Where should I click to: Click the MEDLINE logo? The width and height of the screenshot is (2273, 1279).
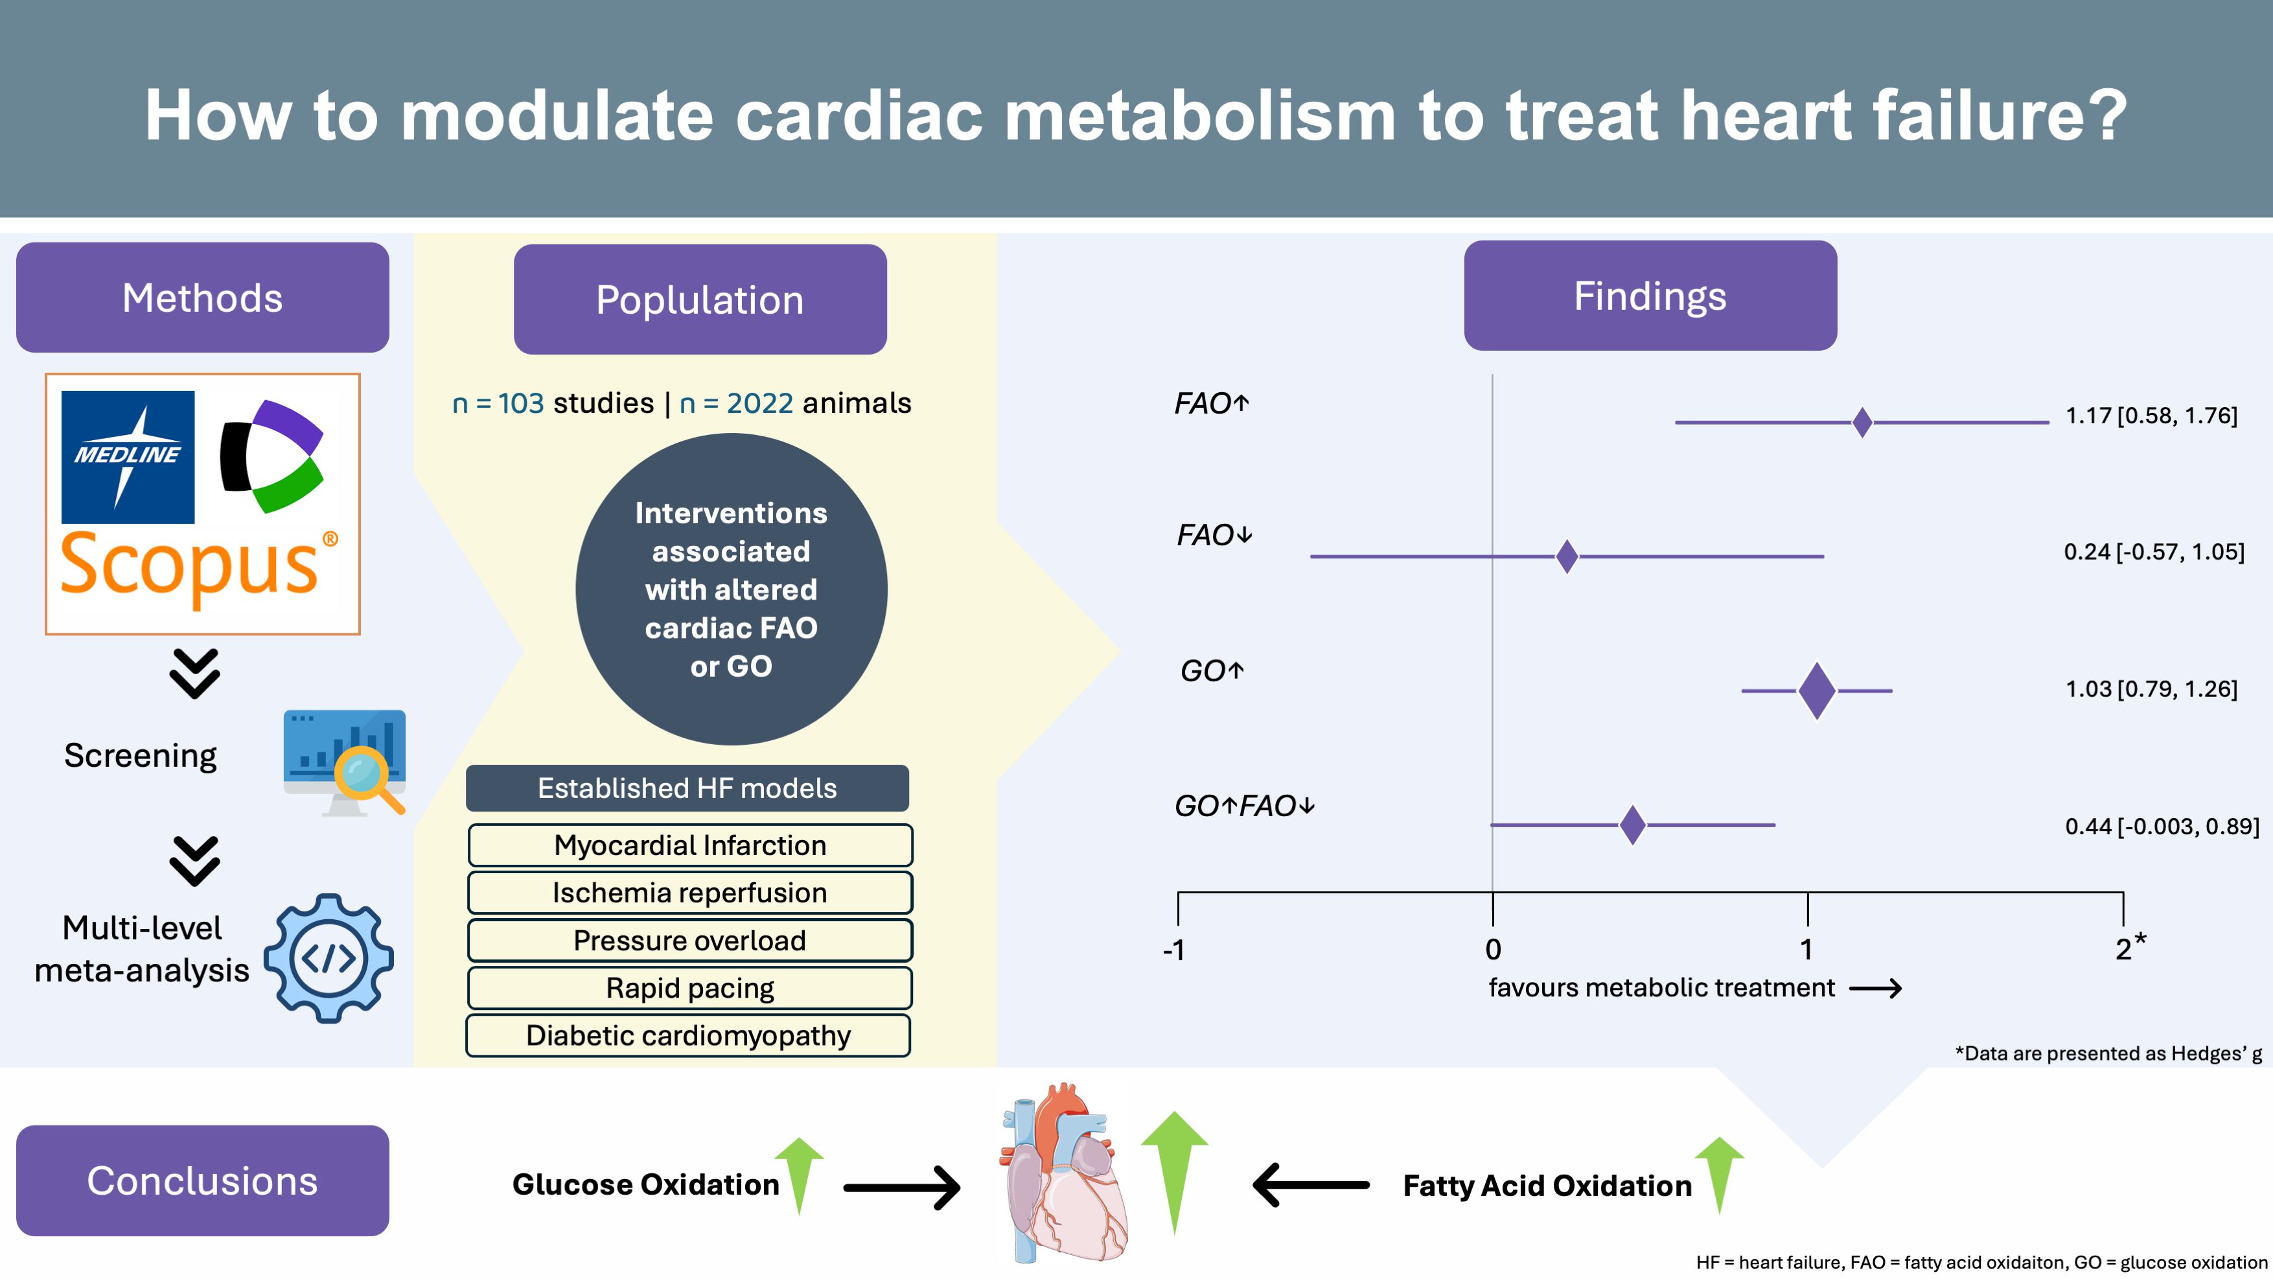[128, 456]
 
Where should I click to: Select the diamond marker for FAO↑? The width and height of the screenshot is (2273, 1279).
[1862, 423]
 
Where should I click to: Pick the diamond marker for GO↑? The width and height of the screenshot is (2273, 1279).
[1817, 690]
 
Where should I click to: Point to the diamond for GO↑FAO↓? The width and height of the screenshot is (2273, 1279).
[1632, 825]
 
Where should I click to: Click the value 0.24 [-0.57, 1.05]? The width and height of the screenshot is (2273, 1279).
[2153, 552]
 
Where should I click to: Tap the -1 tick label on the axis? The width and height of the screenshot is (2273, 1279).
[1173, 950]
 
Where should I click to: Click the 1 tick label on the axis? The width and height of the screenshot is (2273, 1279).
[1806, 950]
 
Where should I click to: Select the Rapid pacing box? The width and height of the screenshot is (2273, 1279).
[689, 988]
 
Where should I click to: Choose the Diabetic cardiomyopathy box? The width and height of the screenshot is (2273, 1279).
[688, 1035]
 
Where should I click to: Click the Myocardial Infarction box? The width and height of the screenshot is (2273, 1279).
[689, 845]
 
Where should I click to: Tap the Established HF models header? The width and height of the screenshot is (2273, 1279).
[686, 788]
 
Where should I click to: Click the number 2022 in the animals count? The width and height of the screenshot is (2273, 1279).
[760, 403]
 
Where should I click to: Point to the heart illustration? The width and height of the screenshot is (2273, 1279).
[1063, 1174]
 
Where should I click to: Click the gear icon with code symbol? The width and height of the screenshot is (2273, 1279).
[329, 957]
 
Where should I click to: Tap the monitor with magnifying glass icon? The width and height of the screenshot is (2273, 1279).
[345, 761]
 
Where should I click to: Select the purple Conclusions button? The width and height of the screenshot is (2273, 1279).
[202, 1180]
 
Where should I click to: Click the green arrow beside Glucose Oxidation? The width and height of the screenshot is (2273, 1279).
[800, 1174]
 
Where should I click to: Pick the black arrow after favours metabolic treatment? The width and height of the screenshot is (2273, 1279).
[1875, 989]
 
